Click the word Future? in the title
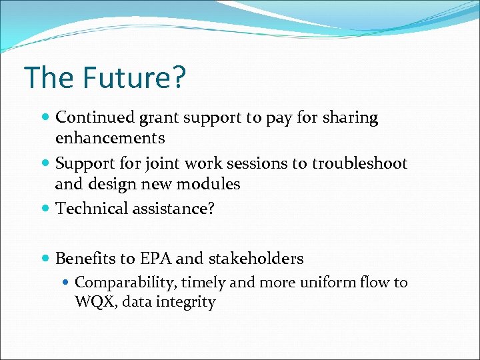click(135, 78)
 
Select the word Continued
click(95, 118)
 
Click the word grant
click(158, 119)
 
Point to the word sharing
click(350, 119)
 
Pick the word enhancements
click(110, 139)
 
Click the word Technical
click(93, 209)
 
